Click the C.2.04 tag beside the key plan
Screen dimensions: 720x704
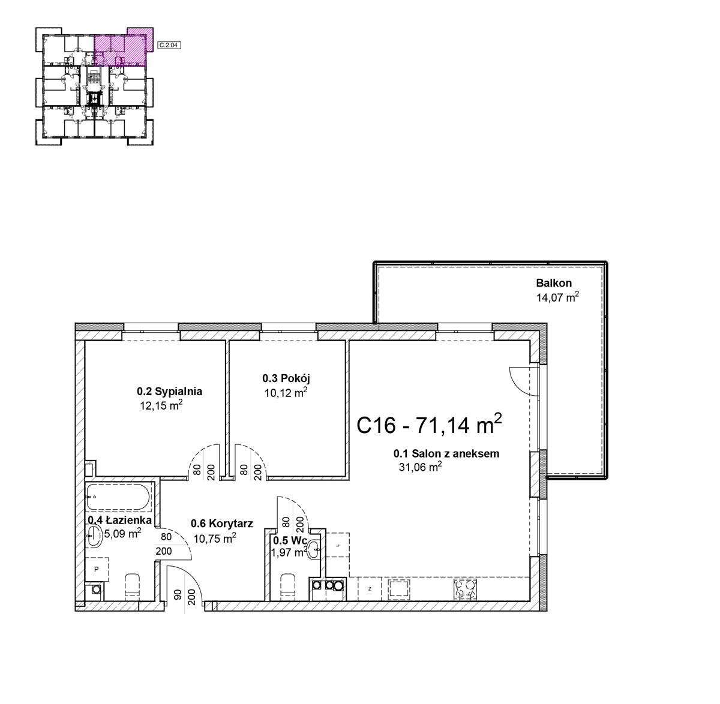pos(169,46)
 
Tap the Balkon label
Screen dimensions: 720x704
pos(554,283)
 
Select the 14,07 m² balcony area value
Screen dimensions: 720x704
pos(557,297)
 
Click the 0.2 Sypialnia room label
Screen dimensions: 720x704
pos(169,392)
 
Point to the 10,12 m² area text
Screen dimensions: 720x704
pos(286,392)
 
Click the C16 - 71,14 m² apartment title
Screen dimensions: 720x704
pos(429,425)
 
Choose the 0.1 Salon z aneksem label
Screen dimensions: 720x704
pos(446,453)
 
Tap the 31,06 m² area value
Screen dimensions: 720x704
pos(421,467)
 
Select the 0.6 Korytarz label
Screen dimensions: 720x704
pos(221,524)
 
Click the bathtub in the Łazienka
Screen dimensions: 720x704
pos(118,497)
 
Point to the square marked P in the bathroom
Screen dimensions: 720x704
pos(97,570)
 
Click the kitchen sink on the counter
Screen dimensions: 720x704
pos(398,589)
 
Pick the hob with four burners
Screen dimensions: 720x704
pos(465,589)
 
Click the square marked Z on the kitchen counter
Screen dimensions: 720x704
pos(370,589)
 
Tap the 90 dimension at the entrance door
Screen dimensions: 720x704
pos(177,594)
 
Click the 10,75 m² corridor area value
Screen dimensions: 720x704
pos(215,538)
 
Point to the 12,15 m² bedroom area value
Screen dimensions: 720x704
pos(161,405)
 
